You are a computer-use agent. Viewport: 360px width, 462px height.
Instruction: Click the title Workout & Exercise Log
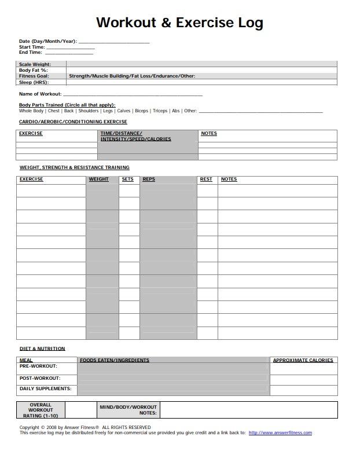click(179, 23)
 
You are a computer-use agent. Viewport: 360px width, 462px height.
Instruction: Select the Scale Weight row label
click(35, 64)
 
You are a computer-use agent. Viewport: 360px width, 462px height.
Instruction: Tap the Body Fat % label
click(33, 70)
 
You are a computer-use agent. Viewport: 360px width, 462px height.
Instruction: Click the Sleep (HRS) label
click(33, 82)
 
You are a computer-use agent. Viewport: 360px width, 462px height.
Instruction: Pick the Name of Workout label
click(40, 94)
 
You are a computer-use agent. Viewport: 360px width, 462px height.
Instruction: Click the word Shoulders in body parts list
click(89, 111)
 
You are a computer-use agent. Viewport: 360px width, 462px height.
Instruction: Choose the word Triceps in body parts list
click(160, 111)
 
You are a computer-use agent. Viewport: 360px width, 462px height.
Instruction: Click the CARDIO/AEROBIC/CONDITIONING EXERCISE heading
click(73, 122)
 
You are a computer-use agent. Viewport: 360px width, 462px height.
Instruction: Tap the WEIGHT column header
click(98, 179)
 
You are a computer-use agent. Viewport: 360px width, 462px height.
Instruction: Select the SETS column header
click(127, 179)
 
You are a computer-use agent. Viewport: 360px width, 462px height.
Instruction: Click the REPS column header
click(149, 179)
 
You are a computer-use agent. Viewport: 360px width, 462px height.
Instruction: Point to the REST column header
click(206, 179)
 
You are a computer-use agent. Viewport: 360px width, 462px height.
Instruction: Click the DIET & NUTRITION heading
click(42, 349)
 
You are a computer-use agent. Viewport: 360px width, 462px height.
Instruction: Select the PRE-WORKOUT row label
click(38, 366)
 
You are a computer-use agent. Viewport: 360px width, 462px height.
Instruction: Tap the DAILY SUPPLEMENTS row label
click(46, 388)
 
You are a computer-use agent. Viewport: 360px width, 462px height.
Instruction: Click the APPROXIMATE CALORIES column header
click(303, 360)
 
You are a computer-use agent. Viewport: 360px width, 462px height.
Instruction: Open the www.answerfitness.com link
click(280, 432)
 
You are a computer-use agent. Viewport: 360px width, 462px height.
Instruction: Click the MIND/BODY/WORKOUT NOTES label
click(128, 410)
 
